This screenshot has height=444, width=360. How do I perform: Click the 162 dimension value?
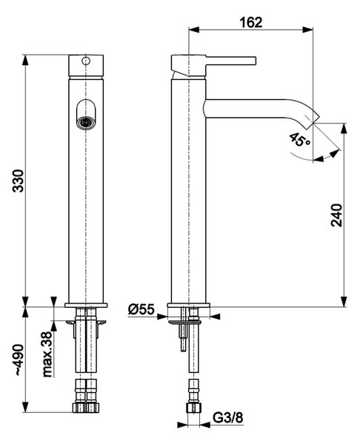pos(251,22)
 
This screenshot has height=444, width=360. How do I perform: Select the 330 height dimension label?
pos(19,181)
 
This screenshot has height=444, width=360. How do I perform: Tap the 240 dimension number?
pos(337,215)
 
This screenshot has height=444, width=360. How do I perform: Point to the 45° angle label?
pos(299,140)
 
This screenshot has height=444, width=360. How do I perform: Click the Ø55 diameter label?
pos(141,309)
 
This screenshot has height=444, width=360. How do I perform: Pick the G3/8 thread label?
pos(228,417)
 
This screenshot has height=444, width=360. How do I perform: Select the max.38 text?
pos(47,354)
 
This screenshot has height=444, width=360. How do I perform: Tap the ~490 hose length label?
pos(19,360)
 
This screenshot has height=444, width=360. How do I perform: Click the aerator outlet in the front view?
pos(86,123)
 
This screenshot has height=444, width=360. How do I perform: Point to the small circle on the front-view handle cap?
pos(86,61)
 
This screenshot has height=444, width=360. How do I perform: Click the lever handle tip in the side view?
pos(255,61)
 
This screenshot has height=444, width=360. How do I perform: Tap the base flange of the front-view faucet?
pos(86,305)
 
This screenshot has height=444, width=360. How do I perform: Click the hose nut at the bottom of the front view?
pos(86,408)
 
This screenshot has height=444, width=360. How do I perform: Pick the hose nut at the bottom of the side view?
pos(193,408)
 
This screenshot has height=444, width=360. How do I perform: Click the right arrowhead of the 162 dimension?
pos(307,30)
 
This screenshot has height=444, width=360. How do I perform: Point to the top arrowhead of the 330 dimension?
pos(25,60)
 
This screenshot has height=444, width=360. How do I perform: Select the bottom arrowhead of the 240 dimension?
pos(344,302)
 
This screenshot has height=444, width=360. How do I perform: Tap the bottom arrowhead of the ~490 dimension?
pos(25,407)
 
